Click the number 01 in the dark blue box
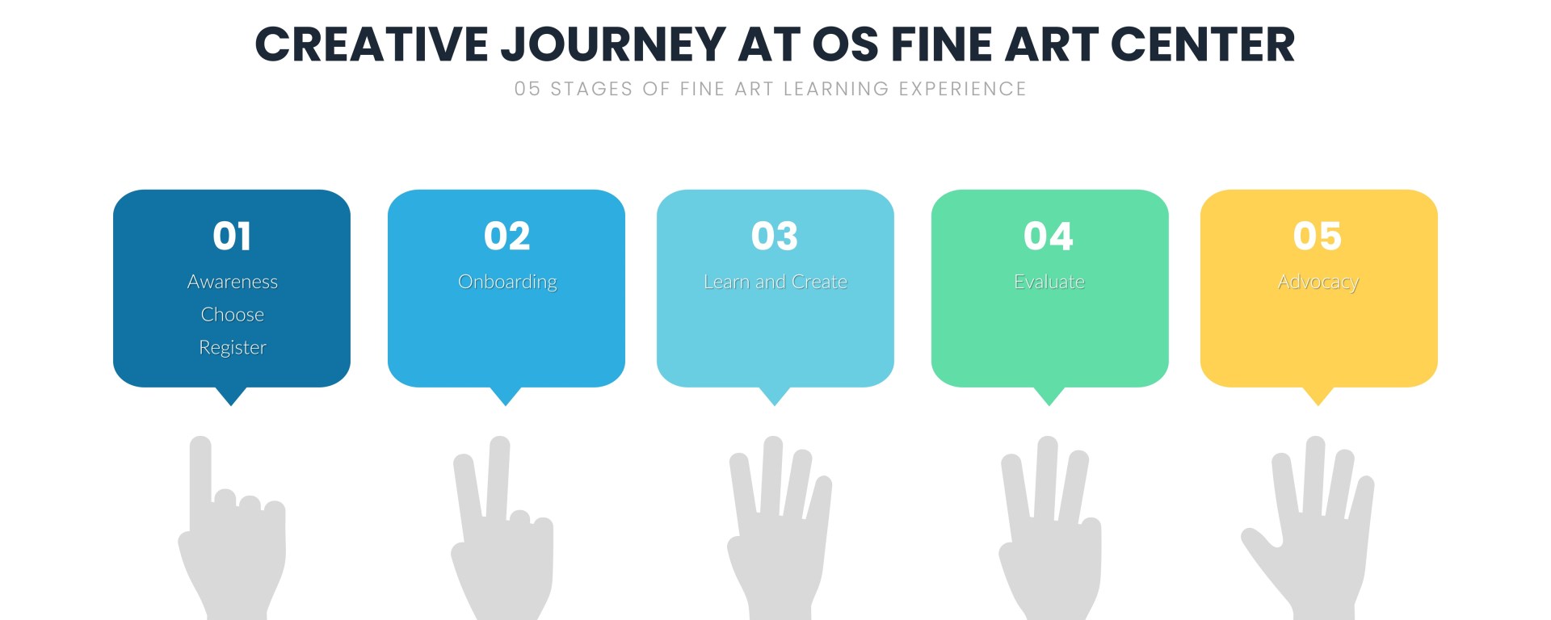coord(232,236)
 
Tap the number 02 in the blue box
coord(506,236)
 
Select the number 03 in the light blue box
coord(775,236)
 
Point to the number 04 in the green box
coord(1049,236)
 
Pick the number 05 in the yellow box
coord(1318,236)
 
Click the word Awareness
coord(233,282)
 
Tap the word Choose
coord(233,314)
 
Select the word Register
coord(233,348)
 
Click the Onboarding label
coord(507,283)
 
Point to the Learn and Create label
coord(775,282)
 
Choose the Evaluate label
coord(1049,282)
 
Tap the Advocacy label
coord(1318,283)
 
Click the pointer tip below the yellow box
coord(1318,405)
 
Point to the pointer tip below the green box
coord(1049,405)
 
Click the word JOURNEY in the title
coord(614,44)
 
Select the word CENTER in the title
coord(1203,44)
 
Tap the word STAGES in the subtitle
coord(591,89)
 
